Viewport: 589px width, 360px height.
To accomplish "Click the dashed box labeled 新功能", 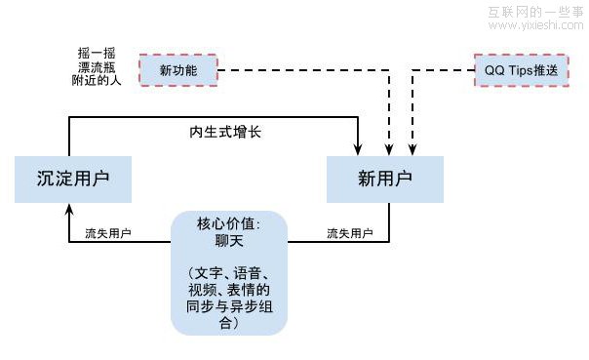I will tap(177, 70).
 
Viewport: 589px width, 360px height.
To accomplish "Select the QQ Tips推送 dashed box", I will tap(521, 70).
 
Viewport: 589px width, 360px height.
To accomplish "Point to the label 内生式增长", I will tap(225, 131).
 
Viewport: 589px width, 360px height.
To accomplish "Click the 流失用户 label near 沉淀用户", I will tap(108, 234).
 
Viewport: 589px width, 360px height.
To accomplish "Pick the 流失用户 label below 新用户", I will tap(349, 234).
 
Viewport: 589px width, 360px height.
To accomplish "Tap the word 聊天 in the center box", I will tap(228, 238).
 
